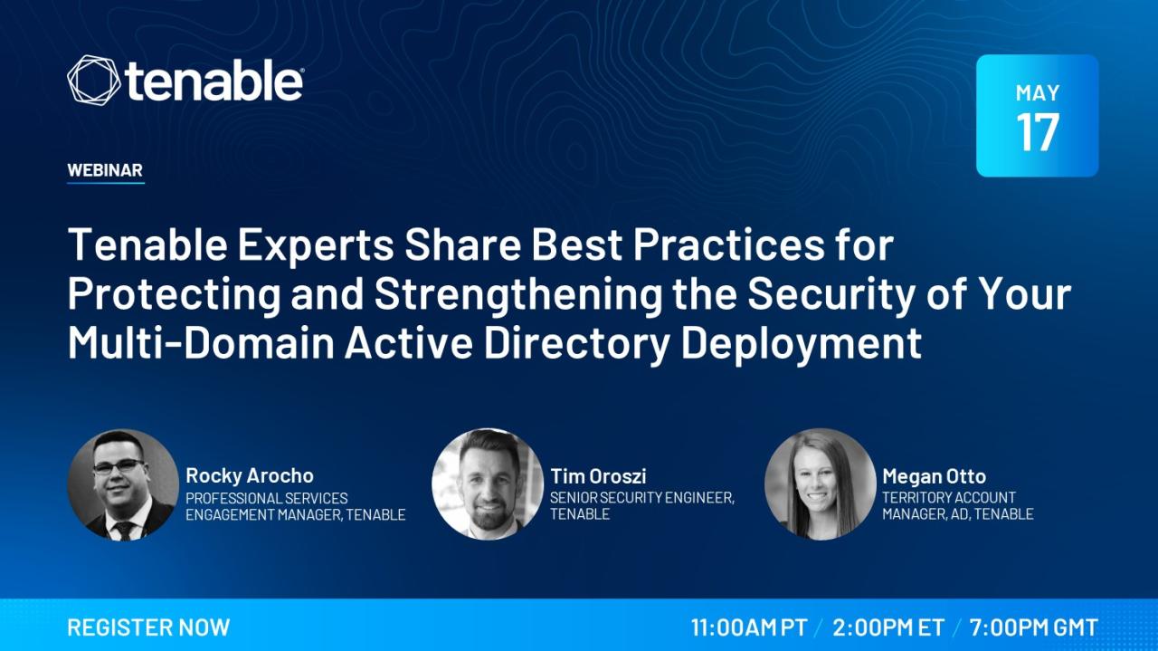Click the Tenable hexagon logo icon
point(93,79)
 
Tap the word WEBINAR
point(105,170)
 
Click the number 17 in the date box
point(1037,132)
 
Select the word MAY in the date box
point(1037,92)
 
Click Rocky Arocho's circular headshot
point(122,484)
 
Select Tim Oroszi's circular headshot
point(488,484)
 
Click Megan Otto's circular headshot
point(820,484)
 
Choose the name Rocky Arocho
point(250,475)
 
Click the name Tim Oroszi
point(598,476)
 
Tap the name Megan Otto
point(934,476)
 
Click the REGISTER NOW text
point(148,627)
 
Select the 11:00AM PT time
point(748,627)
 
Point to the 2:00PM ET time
point(887,627)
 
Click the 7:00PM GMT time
point(1033,627)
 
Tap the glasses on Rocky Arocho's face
point(119,467)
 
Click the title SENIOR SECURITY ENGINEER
point(641,497)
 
